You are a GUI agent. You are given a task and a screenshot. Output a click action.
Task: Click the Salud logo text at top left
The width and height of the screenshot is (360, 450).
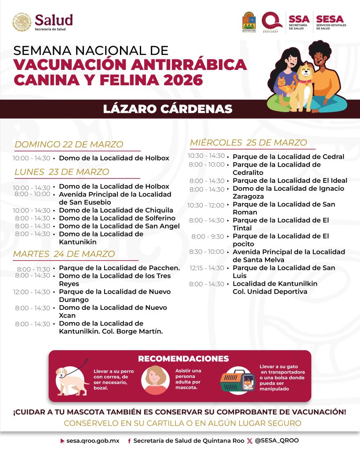[x=54, y=20]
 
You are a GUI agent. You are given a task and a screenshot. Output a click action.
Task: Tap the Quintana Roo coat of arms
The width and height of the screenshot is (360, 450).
[x=249, y=22]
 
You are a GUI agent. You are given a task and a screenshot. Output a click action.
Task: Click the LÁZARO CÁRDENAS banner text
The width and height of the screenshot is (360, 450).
[x=168, y=109]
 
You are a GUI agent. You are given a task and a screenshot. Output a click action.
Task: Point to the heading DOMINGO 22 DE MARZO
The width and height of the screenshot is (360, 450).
[x=69, y=145]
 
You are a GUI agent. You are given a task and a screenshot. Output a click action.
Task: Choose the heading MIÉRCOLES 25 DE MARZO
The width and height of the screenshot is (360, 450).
[x=248, y=142]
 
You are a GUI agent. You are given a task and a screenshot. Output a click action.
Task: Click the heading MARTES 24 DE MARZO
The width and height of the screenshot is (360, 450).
[x=64, y=254]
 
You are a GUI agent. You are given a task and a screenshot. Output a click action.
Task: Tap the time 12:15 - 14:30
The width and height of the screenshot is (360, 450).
[x=207, y=268]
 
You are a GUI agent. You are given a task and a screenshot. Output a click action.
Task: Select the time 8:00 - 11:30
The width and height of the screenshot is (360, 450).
[x=33, y=269]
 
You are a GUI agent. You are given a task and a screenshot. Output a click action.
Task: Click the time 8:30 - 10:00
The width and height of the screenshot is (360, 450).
[x=207, y=252]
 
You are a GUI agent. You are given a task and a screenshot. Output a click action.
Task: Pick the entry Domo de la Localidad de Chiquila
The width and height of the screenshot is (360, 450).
[x=116, y=210]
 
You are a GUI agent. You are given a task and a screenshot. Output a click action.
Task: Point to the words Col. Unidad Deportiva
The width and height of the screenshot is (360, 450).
[x=270, y=292]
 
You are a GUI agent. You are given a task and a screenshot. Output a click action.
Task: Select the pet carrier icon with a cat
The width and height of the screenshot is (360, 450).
[x=237, y=381]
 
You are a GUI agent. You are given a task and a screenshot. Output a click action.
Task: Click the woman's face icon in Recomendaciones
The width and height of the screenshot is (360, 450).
[x=155, y=379]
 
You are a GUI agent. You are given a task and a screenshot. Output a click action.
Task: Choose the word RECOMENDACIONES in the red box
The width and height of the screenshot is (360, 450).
[x=183, y=359]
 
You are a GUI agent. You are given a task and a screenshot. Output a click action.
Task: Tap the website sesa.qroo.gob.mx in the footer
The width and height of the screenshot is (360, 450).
[x=93, y=441]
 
